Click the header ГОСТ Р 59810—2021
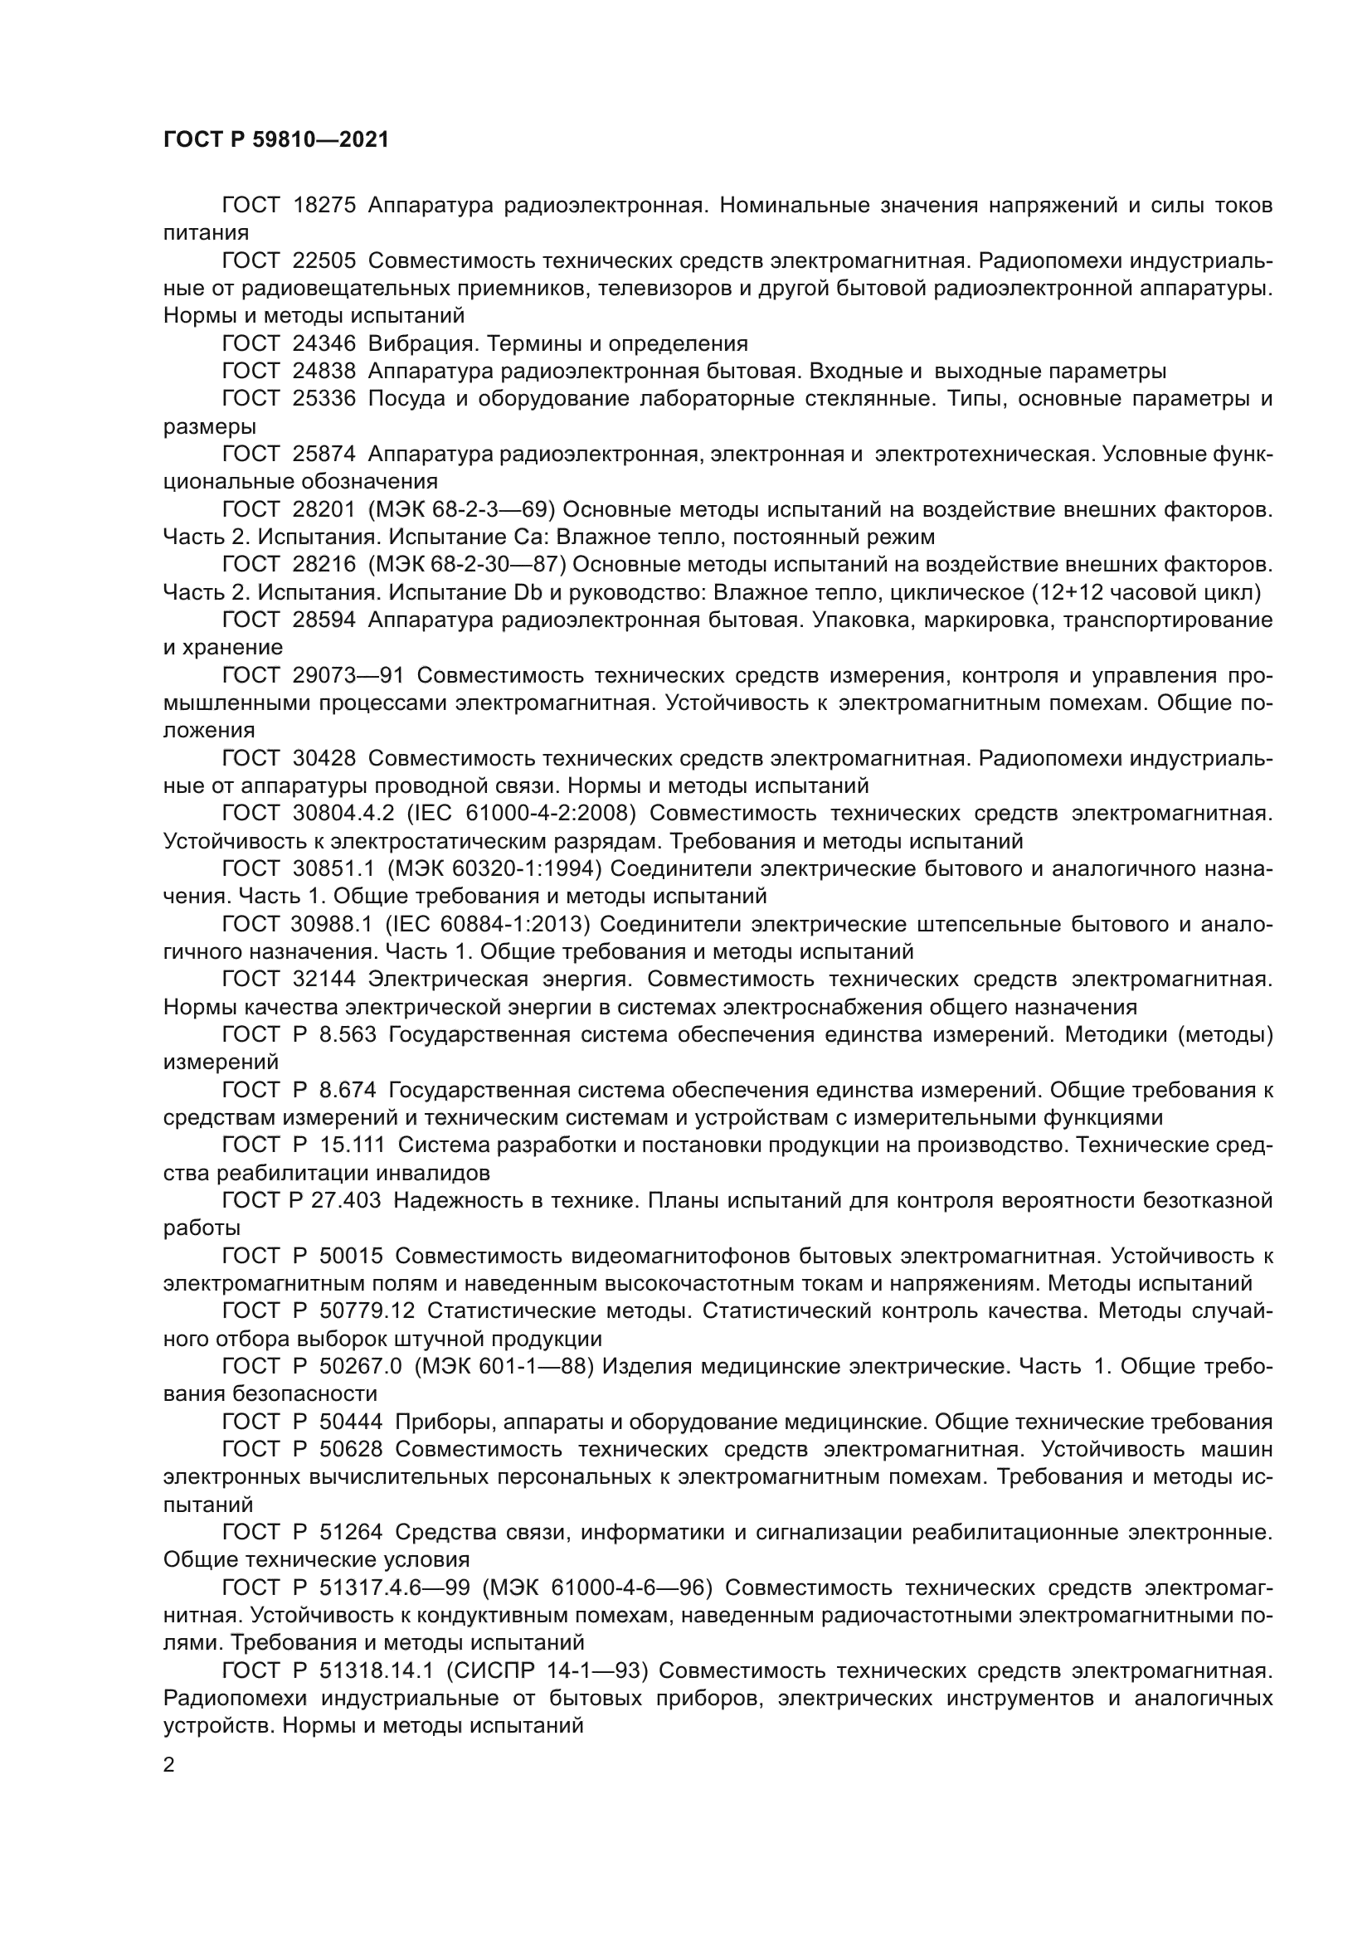276,140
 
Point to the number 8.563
348,1034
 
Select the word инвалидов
424,1173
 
